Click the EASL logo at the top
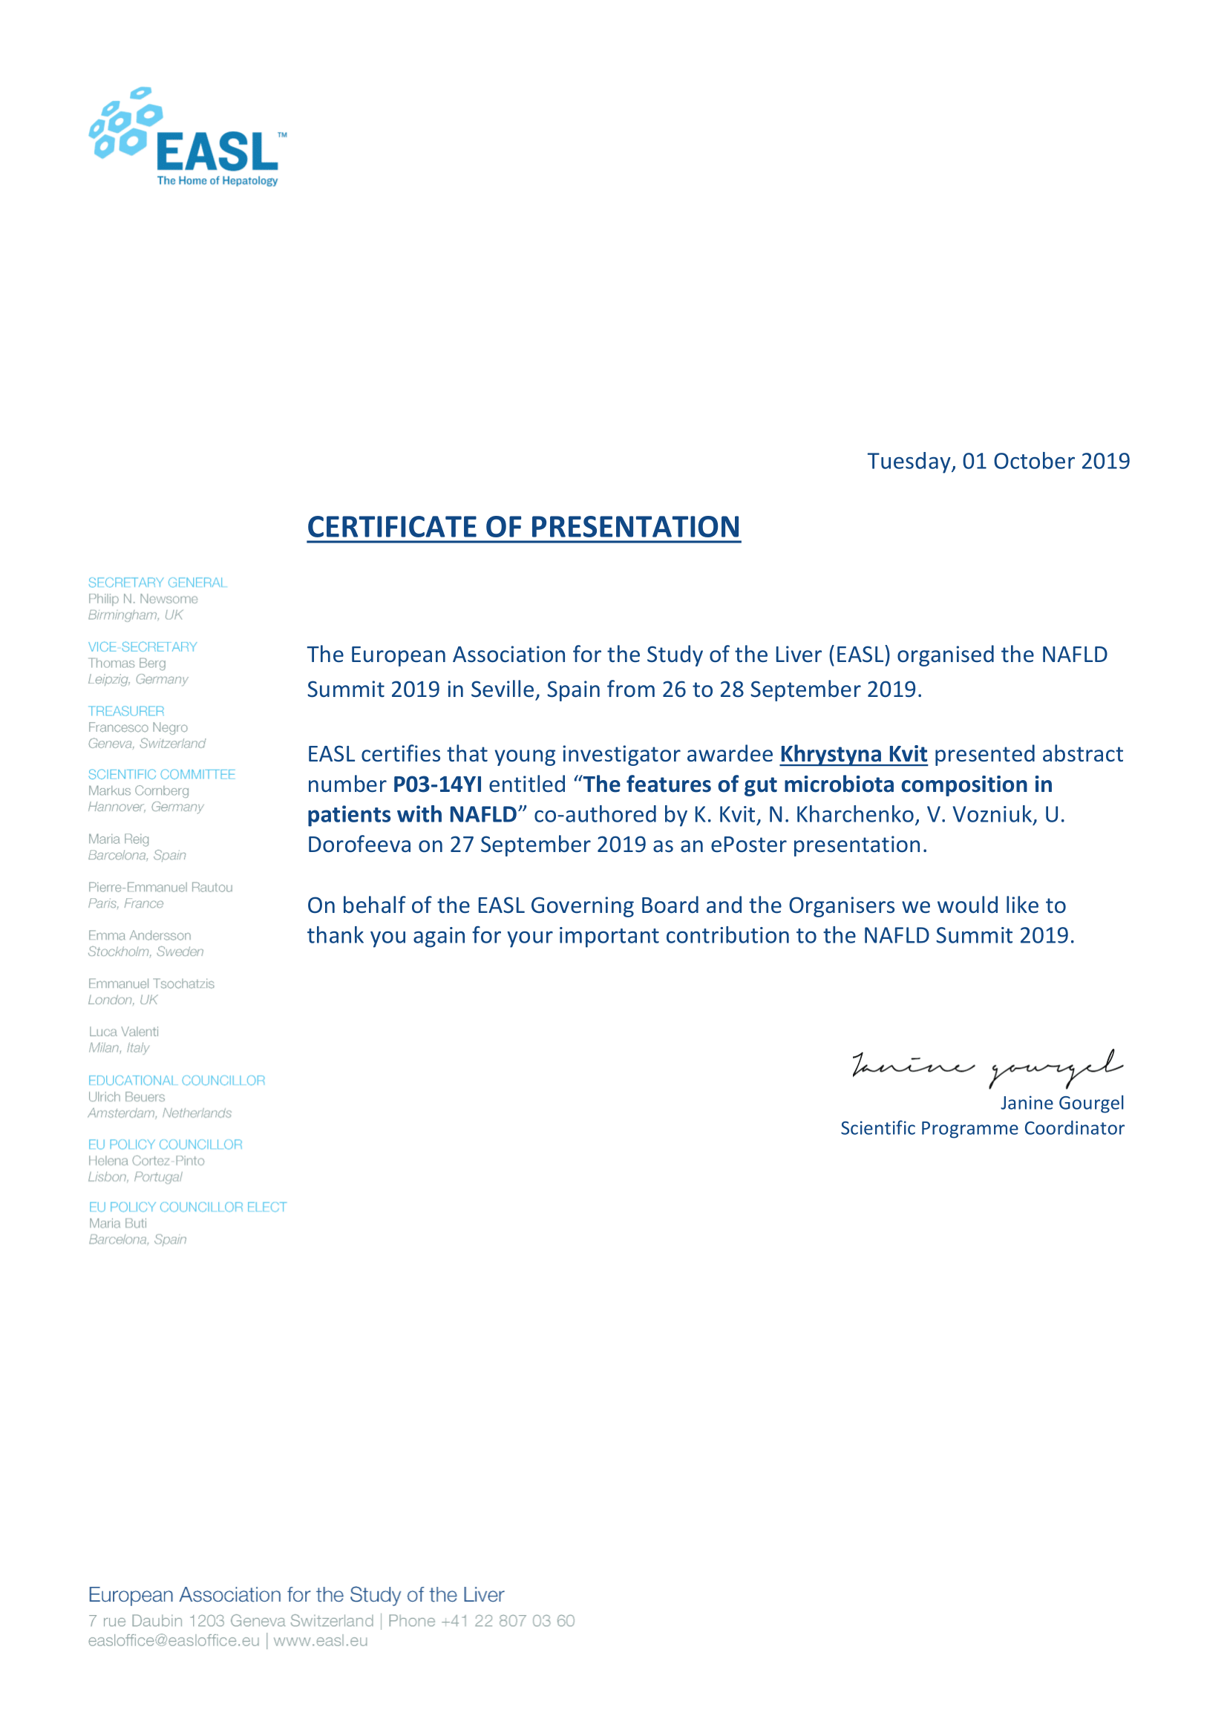pos(188,137)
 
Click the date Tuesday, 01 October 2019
pos(997,461)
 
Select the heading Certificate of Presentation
pos(523,527)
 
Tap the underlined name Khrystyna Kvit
pos(853,754)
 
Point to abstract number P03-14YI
pos(437,784)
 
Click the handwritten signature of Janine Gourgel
pos(986,1066)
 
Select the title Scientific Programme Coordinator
pos(981,1128)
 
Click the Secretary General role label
pos(157,582)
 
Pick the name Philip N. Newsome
pos(143,599)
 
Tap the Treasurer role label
pos(125,711)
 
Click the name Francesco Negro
pos(137,727)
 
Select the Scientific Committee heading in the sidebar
pos(161,774)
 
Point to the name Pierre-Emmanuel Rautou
pos(160,887)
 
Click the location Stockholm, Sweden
pos(145,951)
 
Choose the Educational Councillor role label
pos(176,1081)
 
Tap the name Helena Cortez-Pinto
pos(146,1161)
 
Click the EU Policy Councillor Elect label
pos(188,1207)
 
